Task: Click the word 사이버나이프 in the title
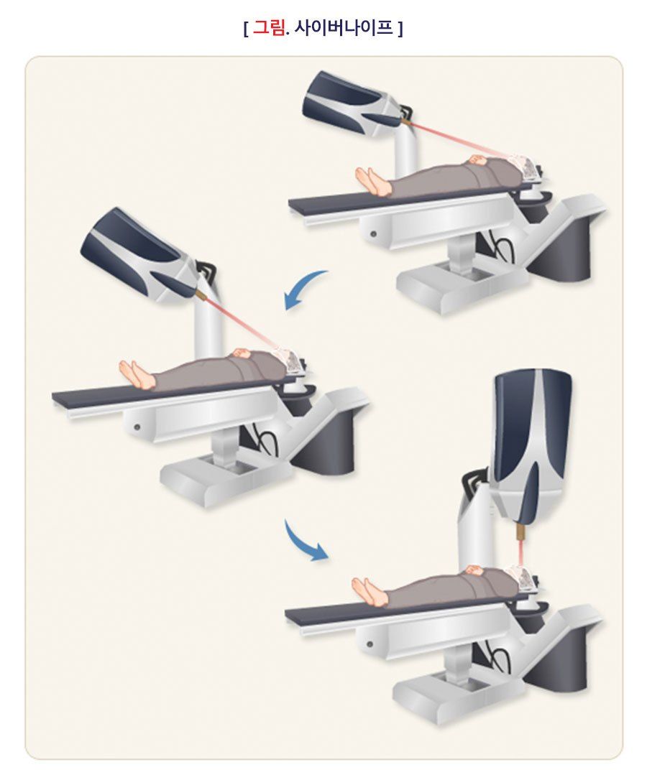coord(343,27)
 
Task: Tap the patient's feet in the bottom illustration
coord(370,590)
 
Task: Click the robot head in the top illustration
coord(353,103)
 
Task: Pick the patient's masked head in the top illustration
coord(526,166)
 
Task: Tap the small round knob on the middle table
coord(136,427)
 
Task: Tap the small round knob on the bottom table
coord(369,644)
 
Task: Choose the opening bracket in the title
coord(246,28)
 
